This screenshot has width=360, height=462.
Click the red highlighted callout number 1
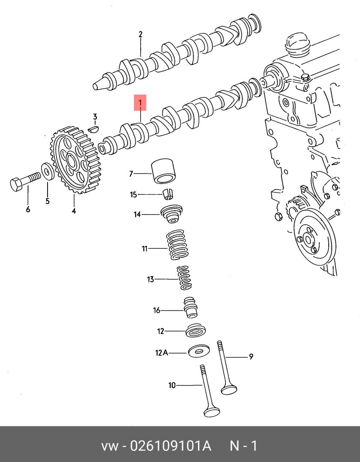[140, 103]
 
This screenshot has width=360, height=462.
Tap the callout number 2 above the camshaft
[140, 35]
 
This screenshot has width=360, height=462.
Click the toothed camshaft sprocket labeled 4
[75, 161]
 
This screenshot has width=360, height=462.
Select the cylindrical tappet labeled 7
[163, 171]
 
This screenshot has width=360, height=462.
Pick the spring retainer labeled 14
[171, 214]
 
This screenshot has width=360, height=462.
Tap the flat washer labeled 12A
[198, 352]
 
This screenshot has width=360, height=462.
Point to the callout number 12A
[161, 353]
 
